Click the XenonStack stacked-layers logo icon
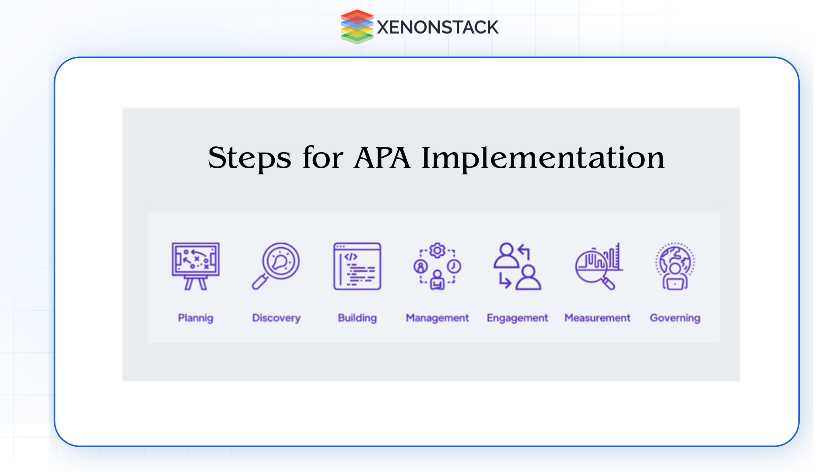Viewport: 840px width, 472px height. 357,27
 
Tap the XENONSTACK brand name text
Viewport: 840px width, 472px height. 437,28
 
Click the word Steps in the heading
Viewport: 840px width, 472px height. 249,158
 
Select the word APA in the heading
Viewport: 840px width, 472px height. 382,158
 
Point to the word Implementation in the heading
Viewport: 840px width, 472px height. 542,158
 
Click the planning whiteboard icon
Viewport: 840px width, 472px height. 196,266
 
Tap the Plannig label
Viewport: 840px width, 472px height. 196,318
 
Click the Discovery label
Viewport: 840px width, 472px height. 276,318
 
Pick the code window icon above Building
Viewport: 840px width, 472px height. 357,266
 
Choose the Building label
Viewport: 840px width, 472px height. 357,318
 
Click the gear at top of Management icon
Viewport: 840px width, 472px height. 437,250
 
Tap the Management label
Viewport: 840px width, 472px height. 437,318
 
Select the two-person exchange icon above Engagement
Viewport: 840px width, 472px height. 517,266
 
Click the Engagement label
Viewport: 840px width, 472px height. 517,318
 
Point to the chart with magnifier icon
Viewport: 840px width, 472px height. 598,266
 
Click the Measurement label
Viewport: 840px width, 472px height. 597,318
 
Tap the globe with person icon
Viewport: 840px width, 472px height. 675,266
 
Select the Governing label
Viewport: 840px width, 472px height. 675,318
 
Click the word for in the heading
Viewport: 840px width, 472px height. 323,158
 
